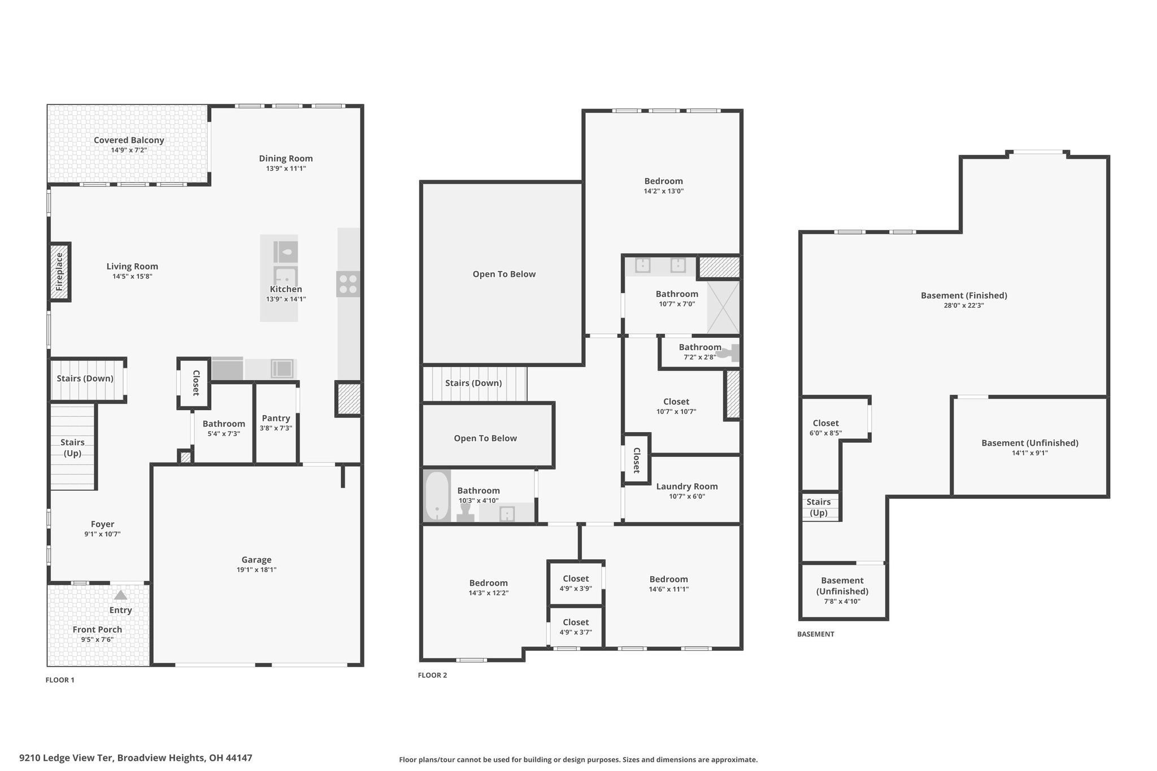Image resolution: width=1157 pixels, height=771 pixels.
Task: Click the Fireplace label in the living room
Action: [x=59, y=272]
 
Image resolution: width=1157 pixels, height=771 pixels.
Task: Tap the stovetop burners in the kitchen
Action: [x=348, y=284]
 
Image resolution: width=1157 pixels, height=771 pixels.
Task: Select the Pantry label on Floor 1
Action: [x=276, y=418]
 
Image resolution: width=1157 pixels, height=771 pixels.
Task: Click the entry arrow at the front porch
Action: [x=121, y=595]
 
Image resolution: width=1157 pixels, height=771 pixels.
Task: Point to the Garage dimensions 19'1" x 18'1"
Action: [x=256, y=570]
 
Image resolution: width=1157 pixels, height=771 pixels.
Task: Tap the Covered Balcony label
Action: [x=129, y=140]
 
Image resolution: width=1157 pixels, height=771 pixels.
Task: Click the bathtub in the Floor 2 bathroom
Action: [x=437, y=496]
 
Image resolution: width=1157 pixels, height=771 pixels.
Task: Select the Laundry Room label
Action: [x=687, y=486]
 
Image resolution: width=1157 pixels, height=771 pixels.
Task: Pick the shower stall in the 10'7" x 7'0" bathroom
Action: [x=723, y=307]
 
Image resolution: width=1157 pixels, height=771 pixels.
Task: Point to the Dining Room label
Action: [x=286, y=159]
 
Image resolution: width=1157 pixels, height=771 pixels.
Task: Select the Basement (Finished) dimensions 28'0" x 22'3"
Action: [x=964, y=306]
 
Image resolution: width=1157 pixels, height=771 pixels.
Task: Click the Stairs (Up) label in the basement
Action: [x=819, y=507]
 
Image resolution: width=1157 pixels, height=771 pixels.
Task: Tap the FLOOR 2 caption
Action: [x=432, y=675]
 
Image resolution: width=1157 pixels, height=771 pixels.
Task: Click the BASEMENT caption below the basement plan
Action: [x=816, y=634]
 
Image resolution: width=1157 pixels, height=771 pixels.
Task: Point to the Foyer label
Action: [x=103, y=524]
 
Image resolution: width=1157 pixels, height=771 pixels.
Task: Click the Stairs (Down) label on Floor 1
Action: [x=85, y=378]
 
